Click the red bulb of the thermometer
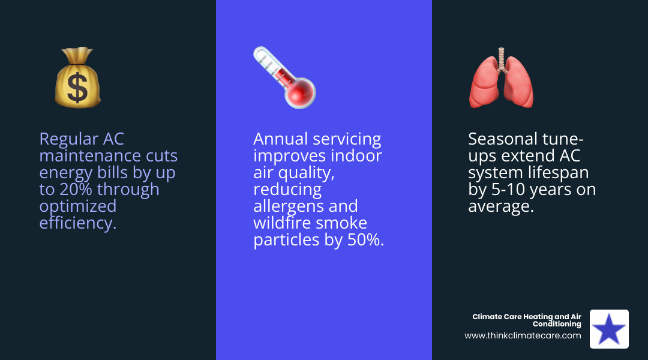point(300,93)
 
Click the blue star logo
point(609,329)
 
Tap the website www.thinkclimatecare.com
point(523,335)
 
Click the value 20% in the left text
point(76,189)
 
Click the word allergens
point(287,206)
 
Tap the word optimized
point(77,206)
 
